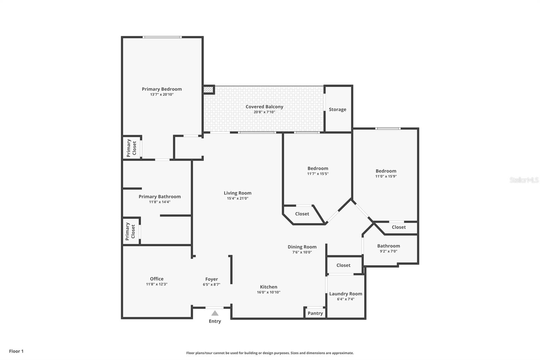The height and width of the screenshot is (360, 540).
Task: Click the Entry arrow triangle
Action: pyautogui.click(x=215, y=313)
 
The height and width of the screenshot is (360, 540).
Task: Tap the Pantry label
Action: pyautogui.click(x=315, y=313)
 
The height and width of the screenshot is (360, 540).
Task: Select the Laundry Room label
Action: pyautogui.click(x=346, y=294)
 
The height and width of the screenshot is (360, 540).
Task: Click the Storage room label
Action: pyautogui.click(x=337, y=109)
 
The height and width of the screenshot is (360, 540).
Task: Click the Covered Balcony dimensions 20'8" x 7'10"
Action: pyautogui.click(x=264, y=112)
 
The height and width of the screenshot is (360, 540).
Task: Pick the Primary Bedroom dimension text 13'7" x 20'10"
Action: pyautogui.click(x=162, y=94)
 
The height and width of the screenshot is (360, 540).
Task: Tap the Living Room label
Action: pyautogui.click(x=238, y=193)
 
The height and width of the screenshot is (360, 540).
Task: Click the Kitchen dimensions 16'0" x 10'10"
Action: pyautogui.click(x=269, y=292)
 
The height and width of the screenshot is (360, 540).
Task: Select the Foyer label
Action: pyautogui.click(x=211, y=279)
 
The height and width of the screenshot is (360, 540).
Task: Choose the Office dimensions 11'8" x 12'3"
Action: pyautogui.click(x=157, y=284)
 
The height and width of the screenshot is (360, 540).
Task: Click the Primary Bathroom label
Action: pyautogui.click(x=160, y=197)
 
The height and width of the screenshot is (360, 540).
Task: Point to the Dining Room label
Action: pyautogui.click(x=302, y=247)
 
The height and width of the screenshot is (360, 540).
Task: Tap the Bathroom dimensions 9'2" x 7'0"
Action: pyautogui.click(x=388, y=251)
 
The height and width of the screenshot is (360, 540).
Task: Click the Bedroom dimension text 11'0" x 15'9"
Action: pyautogui.click(x=386, y=176)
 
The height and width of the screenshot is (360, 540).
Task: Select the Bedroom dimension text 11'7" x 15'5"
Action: pyautogui.click(x=318, y=174)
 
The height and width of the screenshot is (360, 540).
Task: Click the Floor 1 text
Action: pyautogui.click(x=17, y=351)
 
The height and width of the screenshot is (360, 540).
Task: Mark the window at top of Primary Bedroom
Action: pyautogui.click(x=162, y=37)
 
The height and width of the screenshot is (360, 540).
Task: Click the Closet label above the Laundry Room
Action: pyautogui.click(x=343, y=265)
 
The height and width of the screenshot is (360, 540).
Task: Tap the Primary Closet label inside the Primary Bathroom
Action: pyautogui.click(x=130, y=232)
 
